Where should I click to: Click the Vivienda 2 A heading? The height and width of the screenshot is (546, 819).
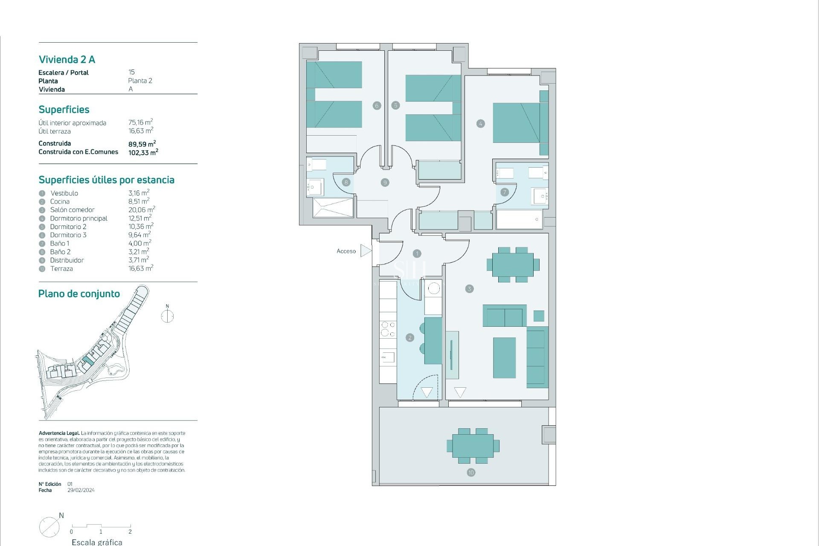point(67,60)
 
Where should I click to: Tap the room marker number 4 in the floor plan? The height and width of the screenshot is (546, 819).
point(481,124)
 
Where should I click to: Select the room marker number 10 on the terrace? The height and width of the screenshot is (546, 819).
point(471,472)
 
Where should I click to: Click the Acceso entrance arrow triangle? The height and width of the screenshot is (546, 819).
point(365,251)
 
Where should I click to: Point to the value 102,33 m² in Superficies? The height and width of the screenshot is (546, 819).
point(143,152)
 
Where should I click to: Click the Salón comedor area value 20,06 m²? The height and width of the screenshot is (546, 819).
point(141,210)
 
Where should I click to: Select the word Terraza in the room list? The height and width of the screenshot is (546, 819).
point(61,269)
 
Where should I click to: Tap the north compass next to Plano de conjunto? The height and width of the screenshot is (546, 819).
point(167,316)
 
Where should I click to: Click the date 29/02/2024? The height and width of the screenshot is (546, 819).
point(81,490)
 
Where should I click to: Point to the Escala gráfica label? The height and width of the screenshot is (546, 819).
point(97,542)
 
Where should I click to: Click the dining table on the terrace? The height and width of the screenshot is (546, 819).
point(473,446)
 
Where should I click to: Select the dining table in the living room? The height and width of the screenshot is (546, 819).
point(513,264)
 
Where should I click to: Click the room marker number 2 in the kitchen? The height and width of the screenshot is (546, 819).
point(410,337)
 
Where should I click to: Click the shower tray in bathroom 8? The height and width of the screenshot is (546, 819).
point(333,207)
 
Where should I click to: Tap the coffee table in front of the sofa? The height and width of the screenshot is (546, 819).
point(504,357)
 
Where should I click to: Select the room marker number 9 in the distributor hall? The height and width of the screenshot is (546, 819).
point(385,183)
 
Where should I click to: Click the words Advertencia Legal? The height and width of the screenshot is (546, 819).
point(59,433)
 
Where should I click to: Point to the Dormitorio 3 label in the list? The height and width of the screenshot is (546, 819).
point(68,235)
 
